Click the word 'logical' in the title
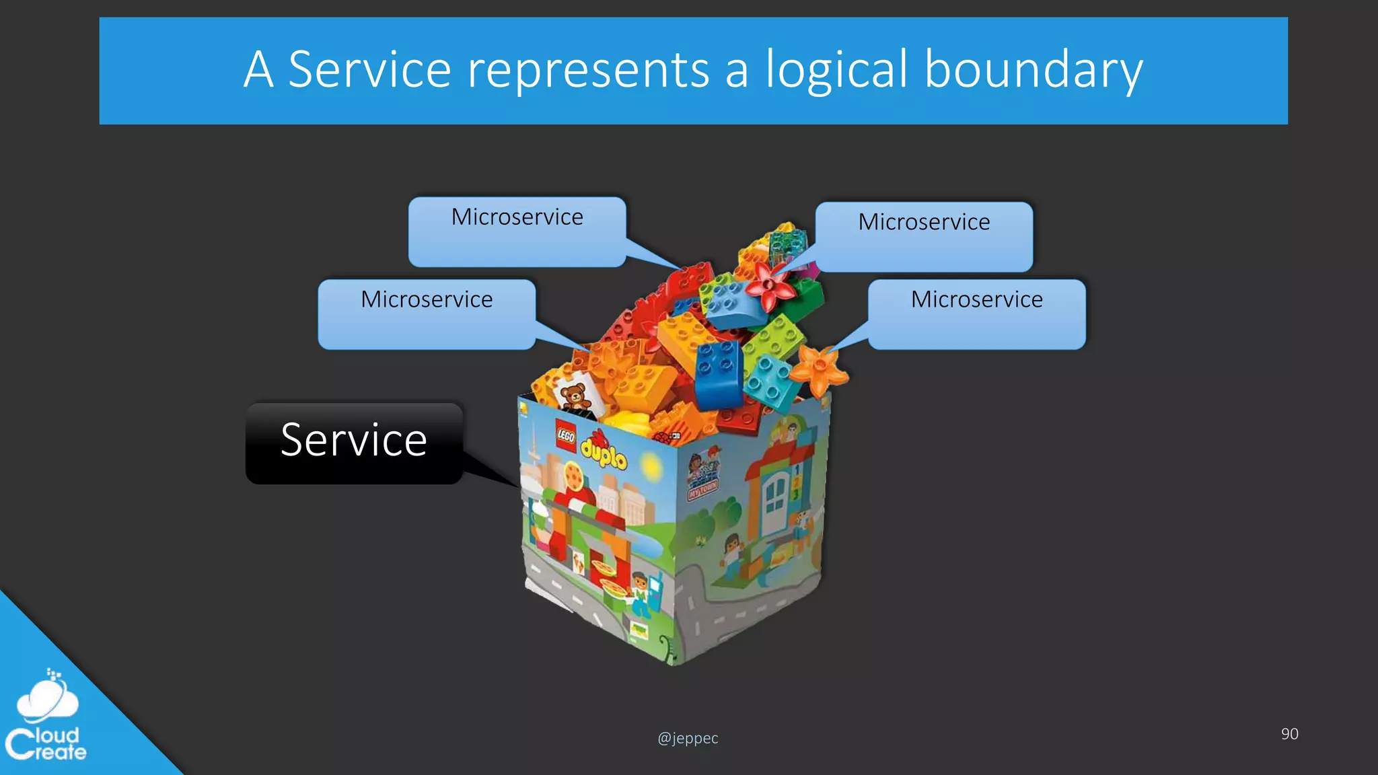[x=836, y=69]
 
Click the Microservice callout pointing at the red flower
[x=924, y=236]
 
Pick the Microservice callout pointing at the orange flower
[x=976, y=313]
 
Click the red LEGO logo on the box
[x=566, y=436]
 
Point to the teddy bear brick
[x=575, y=396]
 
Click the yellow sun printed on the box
[x=651, y=465]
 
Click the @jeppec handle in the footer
[x=688, y=738]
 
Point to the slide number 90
[x=1289, y=734]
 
